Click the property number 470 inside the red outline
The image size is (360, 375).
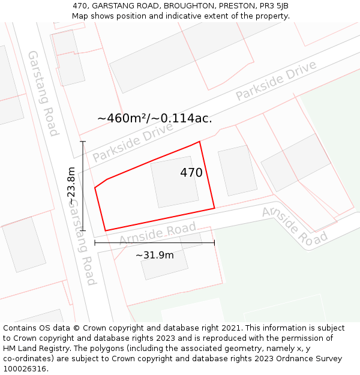[191, 173]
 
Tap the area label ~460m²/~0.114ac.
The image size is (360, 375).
[154, 118]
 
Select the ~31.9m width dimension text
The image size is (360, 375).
[154, 255]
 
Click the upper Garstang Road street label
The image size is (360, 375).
[43, 93]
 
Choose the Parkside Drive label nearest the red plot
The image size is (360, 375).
[133, 142]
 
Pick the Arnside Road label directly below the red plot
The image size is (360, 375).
[157, 234]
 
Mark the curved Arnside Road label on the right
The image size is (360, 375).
[294, 225]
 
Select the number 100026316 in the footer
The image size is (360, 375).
[26, 368]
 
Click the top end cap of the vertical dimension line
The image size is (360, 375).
[83, 142]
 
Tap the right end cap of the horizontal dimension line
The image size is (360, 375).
[214, 243]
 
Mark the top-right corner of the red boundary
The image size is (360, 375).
[199, 142]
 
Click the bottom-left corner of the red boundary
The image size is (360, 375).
[106, 230]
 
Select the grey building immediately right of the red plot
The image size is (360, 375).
[238, 170]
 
